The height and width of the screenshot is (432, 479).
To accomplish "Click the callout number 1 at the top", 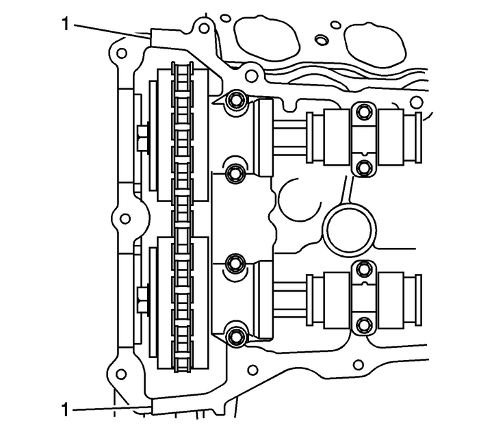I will pyautogui.click(x=66, y=25).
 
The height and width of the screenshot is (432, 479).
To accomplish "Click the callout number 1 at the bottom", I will pyautogui.click(x=66, y=410).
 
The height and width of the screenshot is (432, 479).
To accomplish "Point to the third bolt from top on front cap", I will pyautogui.click(x=235, y=264).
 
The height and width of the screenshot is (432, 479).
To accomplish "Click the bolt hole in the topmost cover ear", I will pyautogui.click(x=203, y=29).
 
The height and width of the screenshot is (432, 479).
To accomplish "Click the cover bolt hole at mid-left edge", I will pyautogui.click(x=125, y=219).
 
